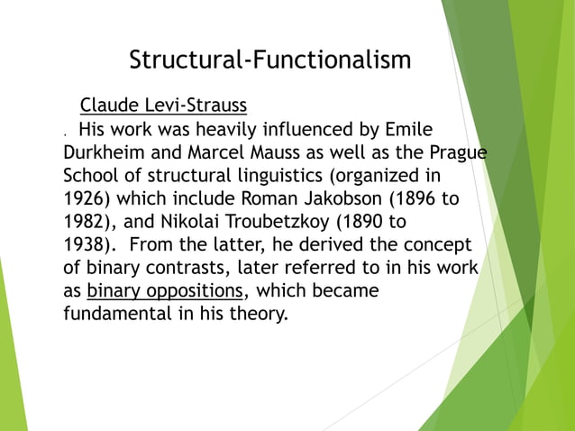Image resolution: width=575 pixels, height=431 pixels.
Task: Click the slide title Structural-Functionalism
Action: pos(270,60)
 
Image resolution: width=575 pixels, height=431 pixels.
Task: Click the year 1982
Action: pos(86,222)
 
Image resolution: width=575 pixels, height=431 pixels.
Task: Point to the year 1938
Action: pos(86,245)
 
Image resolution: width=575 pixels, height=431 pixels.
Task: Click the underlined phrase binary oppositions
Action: pos(165,292)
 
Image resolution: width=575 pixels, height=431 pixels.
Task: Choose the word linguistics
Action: pos(301,175)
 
